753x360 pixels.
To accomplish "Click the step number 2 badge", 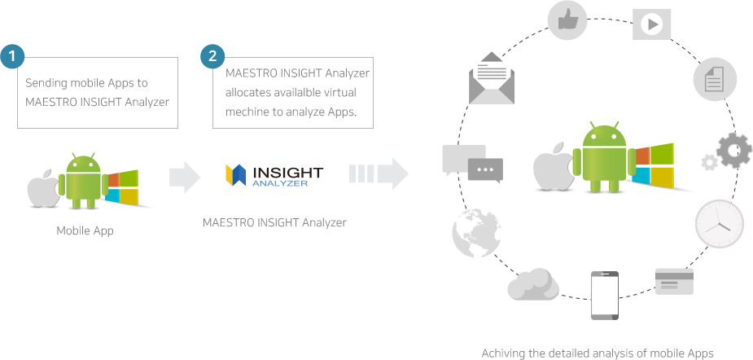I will (212, 56).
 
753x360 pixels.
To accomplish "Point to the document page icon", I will (715, 80).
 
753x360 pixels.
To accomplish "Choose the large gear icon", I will (733, 151).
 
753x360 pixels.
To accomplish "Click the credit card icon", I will (673, 282).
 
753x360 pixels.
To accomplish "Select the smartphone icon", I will (604, 296).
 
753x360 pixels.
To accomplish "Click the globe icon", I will (475, 235).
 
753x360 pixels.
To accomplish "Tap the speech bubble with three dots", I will (485, 170).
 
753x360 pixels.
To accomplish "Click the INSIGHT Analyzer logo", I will (274, 176).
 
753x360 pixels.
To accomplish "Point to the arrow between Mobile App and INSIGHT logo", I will (183, 175).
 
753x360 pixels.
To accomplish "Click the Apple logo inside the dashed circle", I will (551, 169).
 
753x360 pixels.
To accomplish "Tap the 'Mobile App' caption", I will (85, 230).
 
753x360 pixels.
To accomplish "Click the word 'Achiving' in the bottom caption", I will (502, 353).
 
